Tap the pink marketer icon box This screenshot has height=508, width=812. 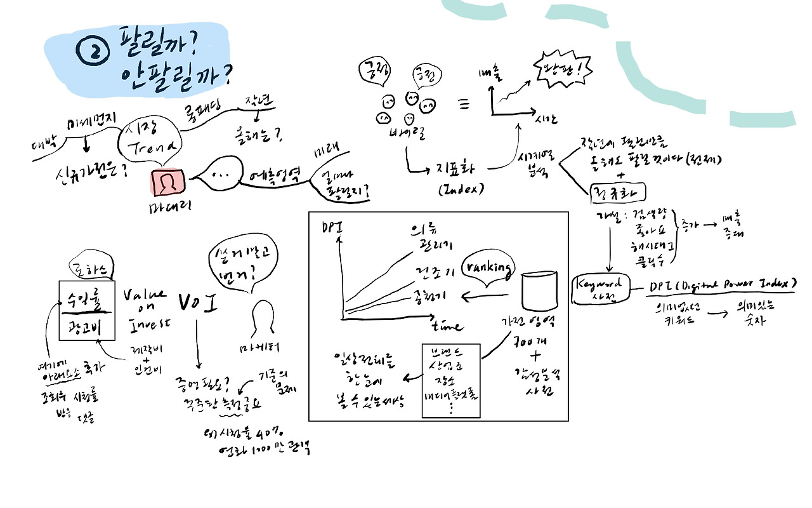pos(167,184)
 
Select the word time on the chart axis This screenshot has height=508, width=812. pos(447,326)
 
